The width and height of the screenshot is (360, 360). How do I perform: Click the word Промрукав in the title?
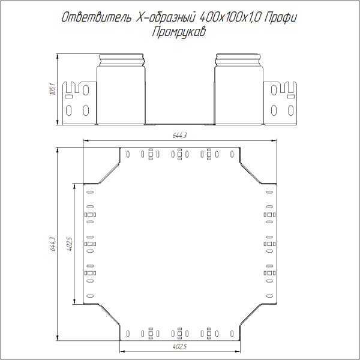tap(179, 32)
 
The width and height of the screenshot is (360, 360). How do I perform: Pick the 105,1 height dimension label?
tap(52, 90)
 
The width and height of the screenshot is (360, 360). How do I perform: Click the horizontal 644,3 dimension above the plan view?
tap(180, 136)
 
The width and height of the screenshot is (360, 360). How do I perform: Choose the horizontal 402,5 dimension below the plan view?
tap(180, 347)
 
